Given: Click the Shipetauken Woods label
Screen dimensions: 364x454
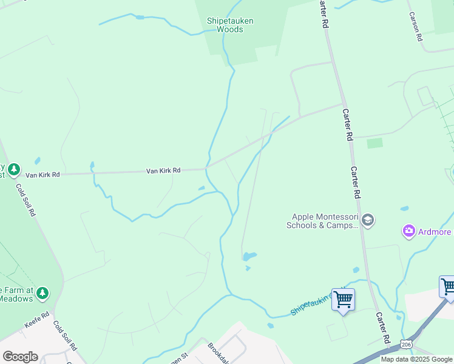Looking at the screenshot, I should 230,25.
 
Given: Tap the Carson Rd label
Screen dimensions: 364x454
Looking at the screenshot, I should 415,26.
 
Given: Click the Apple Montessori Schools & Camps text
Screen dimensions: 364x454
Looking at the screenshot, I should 322,221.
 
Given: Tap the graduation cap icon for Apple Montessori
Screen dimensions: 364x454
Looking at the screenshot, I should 367,220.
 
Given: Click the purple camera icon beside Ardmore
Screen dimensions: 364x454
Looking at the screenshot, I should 408,231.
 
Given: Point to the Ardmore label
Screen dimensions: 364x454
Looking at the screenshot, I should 435,232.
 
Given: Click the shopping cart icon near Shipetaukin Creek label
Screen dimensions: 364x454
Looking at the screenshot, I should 344,299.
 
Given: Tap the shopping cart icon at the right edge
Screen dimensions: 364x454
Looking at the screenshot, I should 448,286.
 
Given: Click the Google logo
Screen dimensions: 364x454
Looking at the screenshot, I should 20,357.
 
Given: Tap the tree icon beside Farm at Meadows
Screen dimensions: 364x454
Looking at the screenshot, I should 42,294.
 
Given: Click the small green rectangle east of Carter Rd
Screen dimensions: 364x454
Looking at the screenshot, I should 375,143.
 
